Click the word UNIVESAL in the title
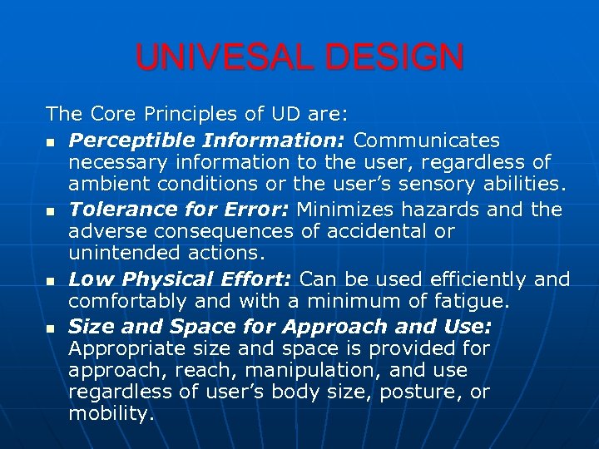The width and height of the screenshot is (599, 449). click(222, 58)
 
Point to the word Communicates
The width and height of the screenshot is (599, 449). click(427, 140)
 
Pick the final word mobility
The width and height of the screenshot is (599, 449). click(111, 413)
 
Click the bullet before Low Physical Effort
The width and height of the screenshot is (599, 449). click(51, 282)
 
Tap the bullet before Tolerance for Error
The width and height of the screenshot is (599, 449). click(51, 212)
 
